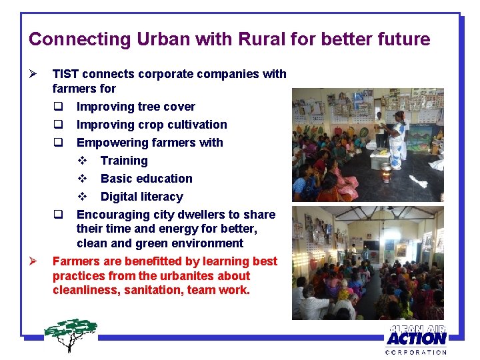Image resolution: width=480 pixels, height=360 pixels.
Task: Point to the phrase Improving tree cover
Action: pyautogui.click(x=136, y=107)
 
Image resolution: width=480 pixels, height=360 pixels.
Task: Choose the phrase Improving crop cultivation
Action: pyautogui.click(x=151, y=125)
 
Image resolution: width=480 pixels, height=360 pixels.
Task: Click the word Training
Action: pyautogui.click(x=124, y=161)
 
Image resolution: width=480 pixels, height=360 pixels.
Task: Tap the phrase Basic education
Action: pyautogui.click(x=146, y=179)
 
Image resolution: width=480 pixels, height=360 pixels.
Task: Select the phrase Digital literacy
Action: pyautogui.click(x=141, y=197)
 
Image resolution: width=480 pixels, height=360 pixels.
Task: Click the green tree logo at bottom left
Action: pyautogui.click(x=71, y=334)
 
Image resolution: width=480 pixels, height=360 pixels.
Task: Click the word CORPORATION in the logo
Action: pyautogui.click(x=416, y=351)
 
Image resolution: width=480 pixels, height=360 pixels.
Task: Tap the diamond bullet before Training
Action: pyautogui.click(x=83, y=161)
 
